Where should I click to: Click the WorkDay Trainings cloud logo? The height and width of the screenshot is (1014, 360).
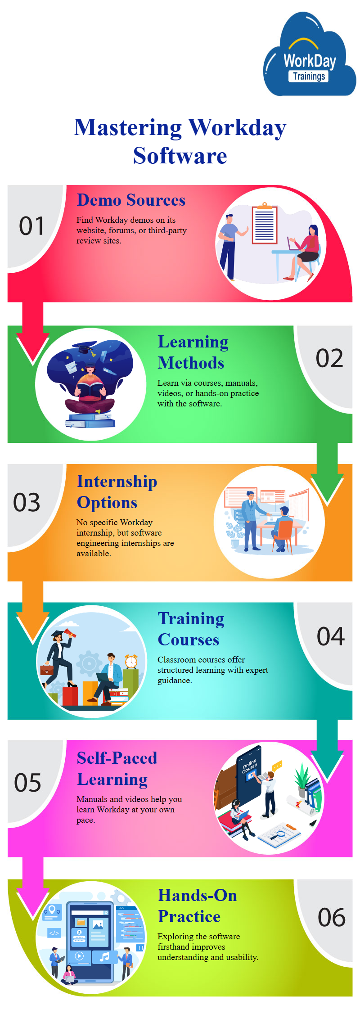coord(309,55)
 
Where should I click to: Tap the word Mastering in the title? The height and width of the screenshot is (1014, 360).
coord(128,128)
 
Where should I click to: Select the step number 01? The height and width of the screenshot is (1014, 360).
coord(31,226)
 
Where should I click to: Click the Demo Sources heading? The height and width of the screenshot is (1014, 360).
coord(131,200)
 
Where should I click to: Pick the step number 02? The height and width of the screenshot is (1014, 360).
coord(329,358)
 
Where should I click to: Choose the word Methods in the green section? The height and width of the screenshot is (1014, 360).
coord(191,363)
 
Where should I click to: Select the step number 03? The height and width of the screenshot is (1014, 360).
coord(27,502)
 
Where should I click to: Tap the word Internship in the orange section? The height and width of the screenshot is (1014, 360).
coord(117,482)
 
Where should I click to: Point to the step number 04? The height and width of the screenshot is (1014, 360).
coord(331,636)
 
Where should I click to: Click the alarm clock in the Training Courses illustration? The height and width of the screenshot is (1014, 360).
coord(131,661)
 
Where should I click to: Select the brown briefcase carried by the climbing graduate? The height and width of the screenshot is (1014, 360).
coord(47,669)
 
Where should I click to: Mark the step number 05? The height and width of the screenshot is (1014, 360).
coord(27,783)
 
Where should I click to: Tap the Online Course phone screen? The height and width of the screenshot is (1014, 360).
coord(249,771)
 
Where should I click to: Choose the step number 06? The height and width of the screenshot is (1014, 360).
coord(332,917)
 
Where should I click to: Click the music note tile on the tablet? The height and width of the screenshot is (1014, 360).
coord(104,957)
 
